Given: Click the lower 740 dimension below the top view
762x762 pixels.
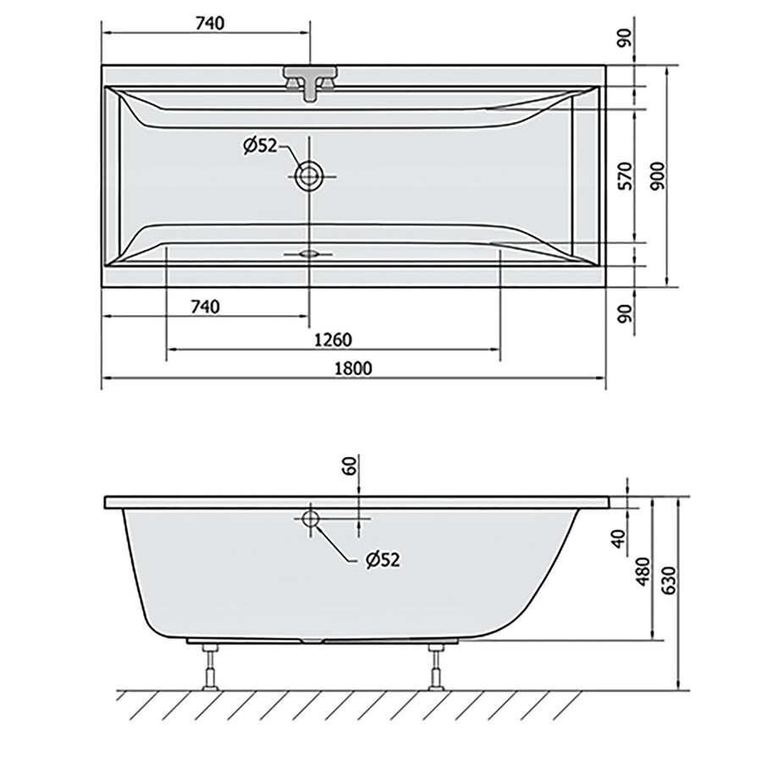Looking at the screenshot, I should coord(205,306).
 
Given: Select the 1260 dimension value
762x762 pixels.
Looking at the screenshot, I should coord(332,340).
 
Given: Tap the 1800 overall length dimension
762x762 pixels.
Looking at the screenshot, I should coord(355,368).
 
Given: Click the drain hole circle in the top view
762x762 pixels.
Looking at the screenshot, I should coord(308,176).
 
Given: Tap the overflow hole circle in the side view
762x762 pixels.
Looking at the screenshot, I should coord(311,518).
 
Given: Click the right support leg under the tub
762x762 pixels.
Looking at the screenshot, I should coord(436,668).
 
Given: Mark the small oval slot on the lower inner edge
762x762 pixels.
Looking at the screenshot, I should coord(308,252).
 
